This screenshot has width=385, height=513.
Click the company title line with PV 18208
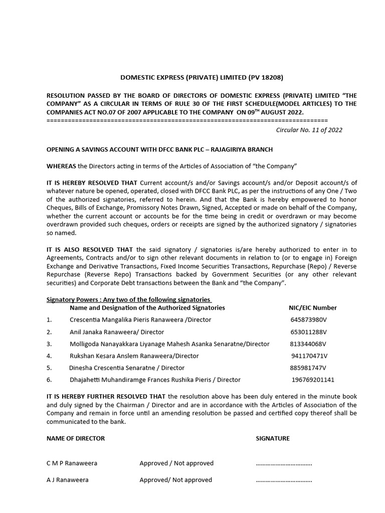click(202, 77)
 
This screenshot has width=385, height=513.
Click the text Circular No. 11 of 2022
click(309, 129)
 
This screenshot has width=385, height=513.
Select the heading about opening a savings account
click(159, 150)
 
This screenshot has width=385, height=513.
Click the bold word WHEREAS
click(61, 166)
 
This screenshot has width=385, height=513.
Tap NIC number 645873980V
click(308, 320)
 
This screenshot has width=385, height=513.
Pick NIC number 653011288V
click(308, 332)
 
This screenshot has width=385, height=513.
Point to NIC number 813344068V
click(308, 344)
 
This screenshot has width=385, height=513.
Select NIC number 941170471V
click(309, 356)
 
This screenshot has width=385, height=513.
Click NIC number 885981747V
click(308, 368)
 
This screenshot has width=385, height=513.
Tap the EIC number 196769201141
click(313, 380)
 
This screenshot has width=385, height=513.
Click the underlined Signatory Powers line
click(129, 300)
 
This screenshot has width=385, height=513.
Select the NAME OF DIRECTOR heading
click(76, 438)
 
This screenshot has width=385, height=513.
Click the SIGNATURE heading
click(273, 438)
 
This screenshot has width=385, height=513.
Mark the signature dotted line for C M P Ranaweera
click(284, 463)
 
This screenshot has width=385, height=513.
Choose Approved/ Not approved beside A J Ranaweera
click(176, 480)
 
